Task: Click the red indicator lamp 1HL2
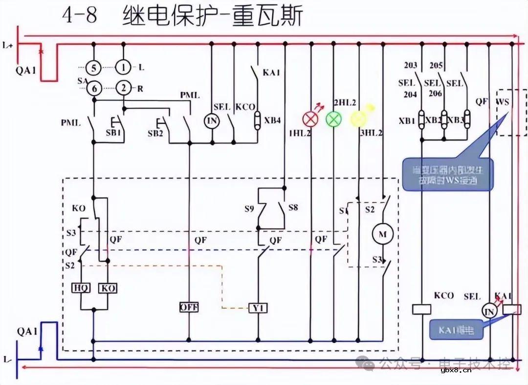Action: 310,119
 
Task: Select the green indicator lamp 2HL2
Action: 334,119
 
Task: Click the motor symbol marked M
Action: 383,234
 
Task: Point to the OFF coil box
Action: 189,307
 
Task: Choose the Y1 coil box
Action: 258,308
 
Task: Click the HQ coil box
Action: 81,288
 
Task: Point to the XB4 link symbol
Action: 258,119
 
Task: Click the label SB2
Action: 155,133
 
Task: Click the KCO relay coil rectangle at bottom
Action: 421,309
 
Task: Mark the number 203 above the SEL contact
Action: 411,66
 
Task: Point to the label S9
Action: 249,208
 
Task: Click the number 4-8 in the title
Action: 80,17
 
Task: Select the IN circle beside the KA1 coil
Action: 488,311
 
